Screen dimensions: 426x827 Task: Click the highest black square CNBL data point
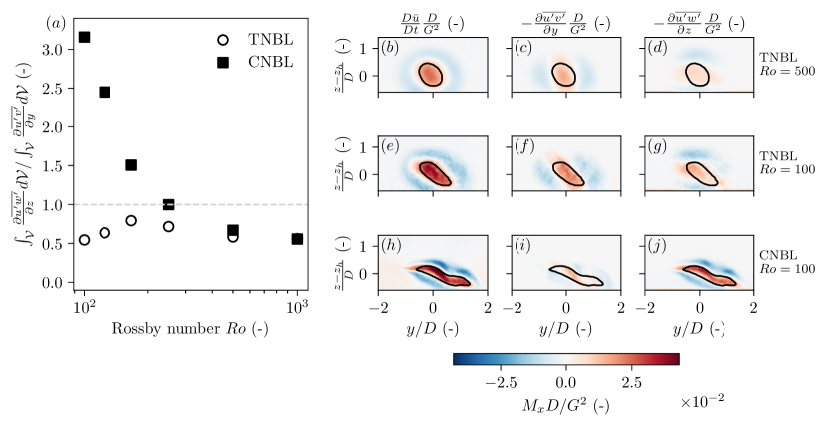[85, 37]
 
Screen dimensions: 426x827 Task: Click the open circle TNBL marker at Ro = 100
[85, 239]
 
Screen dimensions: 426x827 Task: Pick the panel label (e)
[392, 148]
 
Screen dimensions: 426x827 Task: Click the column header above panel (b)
[433, 19]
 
